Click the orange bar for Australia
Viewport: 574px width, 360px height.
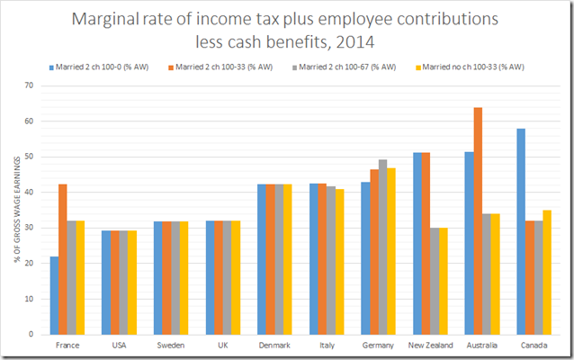[478, 220]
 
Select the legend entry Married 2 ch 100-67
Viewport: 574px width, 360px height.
[341, 67]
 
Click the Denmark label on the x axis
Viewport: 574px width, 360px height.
[274, 346]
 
